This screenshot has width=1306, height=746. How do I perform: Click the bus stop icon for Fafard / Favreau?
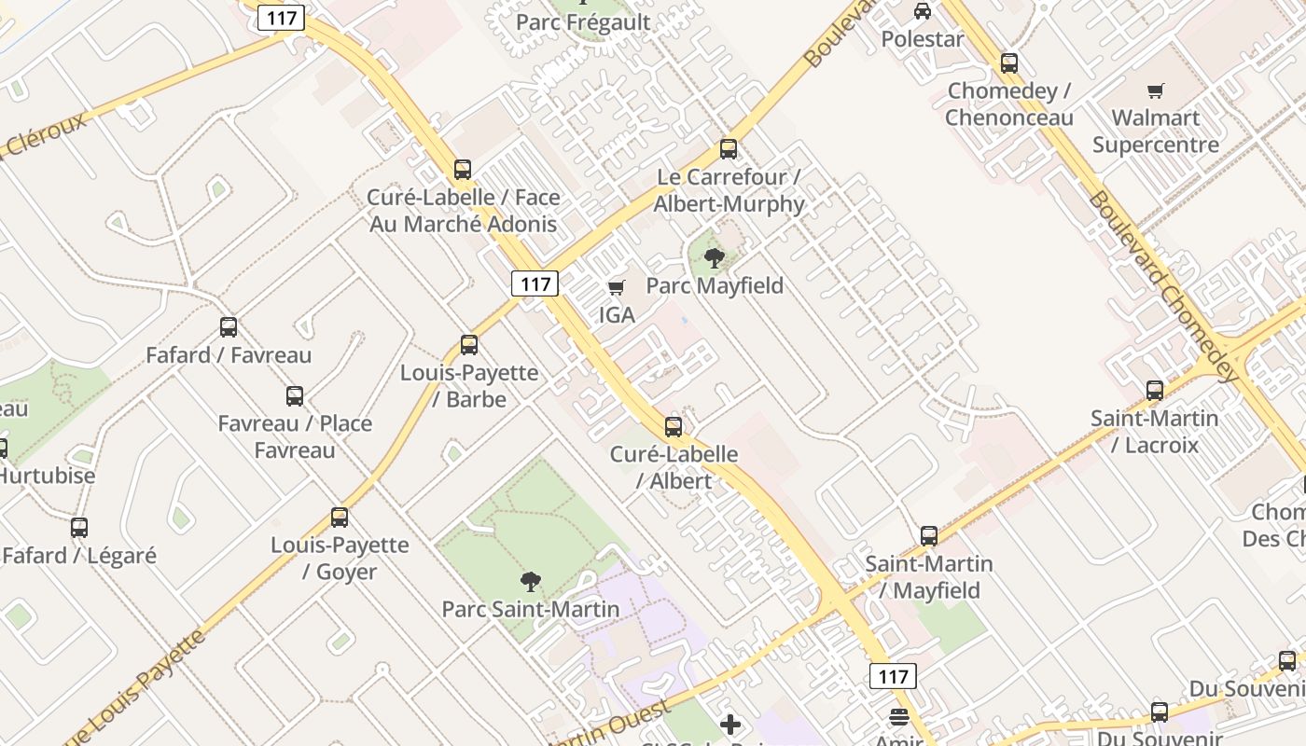229,327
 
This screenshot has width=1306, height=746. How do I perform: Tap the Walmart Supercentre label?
1155,131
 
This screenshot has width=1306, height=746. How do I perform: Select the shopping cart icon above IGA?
616,287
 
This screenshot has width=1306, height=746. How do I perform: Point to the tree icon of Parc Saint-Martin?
530,583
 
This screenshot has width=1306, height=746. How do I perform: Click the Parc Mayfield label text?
715,285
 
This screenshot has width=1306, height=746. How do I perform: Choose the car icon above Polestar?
922,11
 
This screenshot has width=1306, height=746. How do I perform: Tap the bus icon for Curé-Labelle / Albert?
674,427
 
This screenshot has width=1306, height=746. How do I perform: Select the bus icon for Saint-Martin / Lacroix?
1155,391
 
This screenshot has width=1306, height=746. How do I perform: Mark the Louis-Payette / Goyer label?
340,558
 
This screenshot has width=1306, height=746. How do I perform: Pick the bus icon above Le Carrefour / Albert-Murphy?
729,149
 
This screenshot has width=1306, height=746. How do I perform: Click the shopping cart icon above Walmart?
1155,90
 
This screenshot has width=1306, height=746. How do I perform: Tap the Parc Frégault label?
583,22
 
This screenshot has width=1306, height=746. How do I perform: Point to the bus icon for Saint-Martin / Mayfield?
929,536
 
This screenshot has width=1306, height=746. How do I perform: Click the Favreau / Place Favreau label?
295,436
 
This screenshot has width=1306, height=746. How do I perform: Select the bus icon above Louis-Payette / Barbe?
469,345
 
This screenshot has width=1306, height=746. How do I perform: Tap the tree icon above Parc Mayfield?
715,258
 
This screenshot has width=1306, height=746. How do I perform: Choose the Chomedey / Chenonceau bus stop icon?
1008,63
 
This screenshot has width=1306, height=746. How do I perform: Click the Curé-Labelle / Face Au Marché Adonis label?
464,210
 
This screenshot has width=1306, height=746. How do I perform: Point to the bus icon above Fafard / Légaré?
79,528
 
